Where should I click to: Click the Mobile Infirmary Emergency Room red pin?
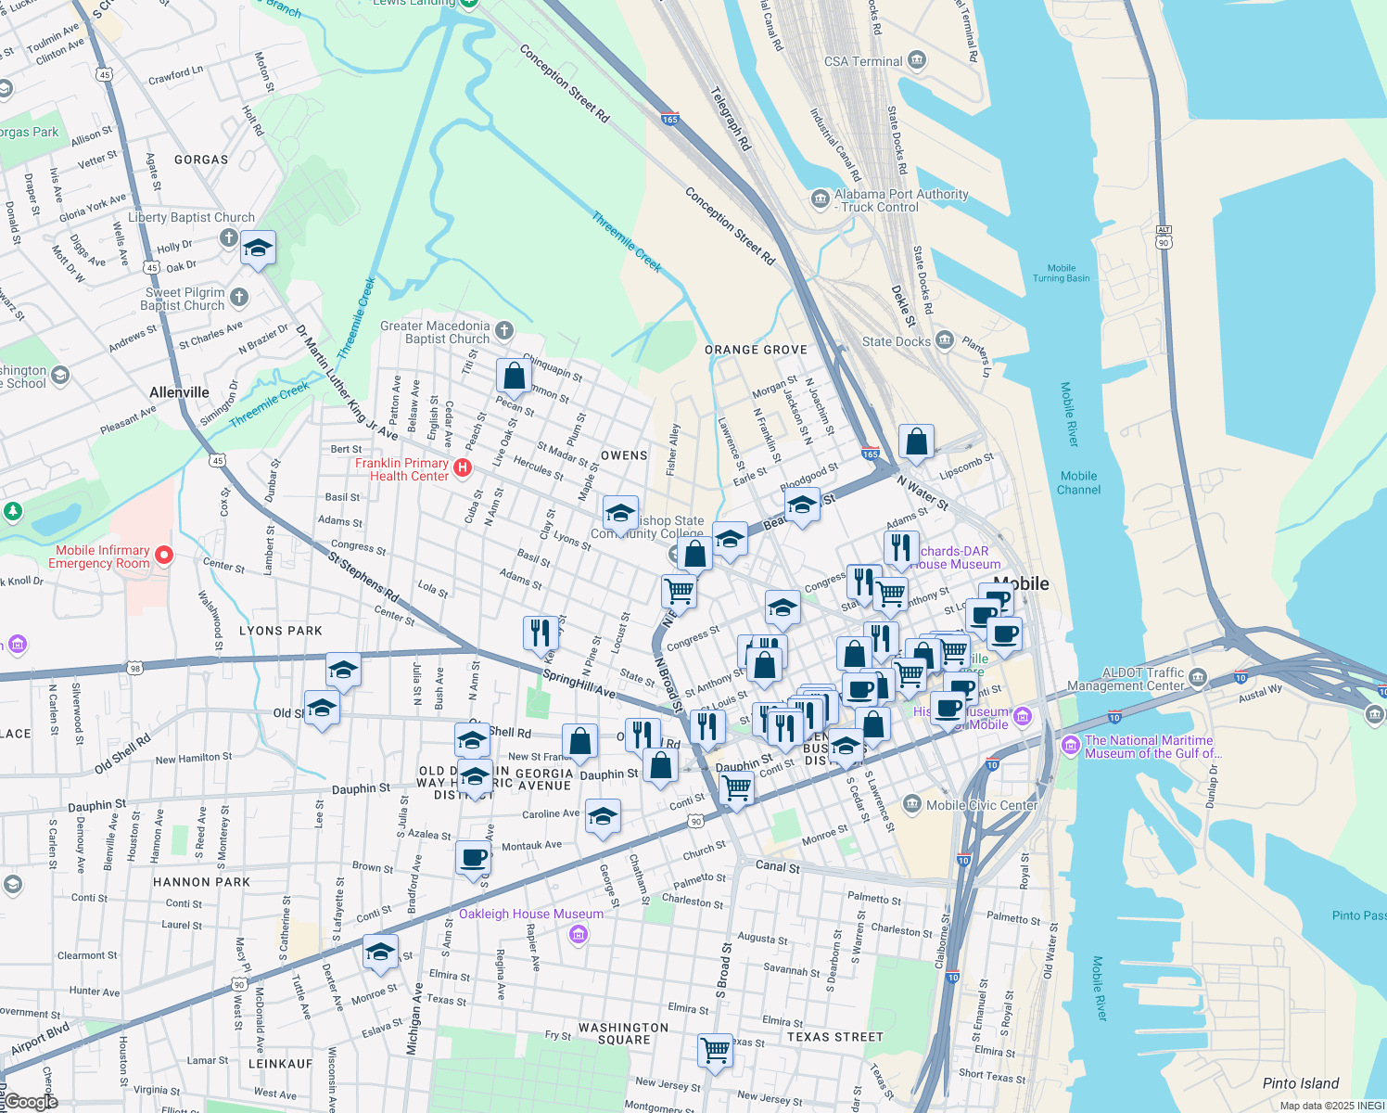[164, 556]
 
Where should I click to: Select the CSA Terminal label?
[863, 61]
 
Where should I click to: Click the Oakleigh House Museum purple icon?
[579, 934]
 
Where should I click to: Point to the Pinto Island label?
[1300, 1083]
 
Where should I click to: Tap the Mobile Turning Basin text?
[1062, 273]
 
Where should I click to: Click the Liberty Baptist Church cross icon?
[228, 238]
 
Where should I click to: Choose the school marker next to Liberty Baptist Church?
[258, 249]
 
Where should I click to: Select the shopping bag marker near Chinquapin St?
[514, 377]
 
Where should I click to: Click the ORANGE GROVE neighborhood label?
[756, 350]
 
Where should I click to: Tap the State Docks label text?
[896, 341]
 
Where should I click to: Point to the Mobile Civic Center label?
[982, 805]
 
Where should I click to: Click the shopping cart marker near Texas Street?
[715, 1051]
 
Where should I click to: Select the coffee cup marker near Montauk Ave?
[474, 858]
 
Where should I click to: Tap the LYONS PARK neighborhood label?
[281, 631]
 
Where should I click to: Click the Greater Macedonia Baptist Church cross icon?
[503, 330]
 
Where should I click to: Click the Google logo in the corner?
[31, 1102]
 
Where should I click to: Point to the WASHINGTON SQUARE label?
[623, 1033]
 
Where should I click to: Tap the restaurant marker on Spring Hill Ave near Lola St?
[541, 633]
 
